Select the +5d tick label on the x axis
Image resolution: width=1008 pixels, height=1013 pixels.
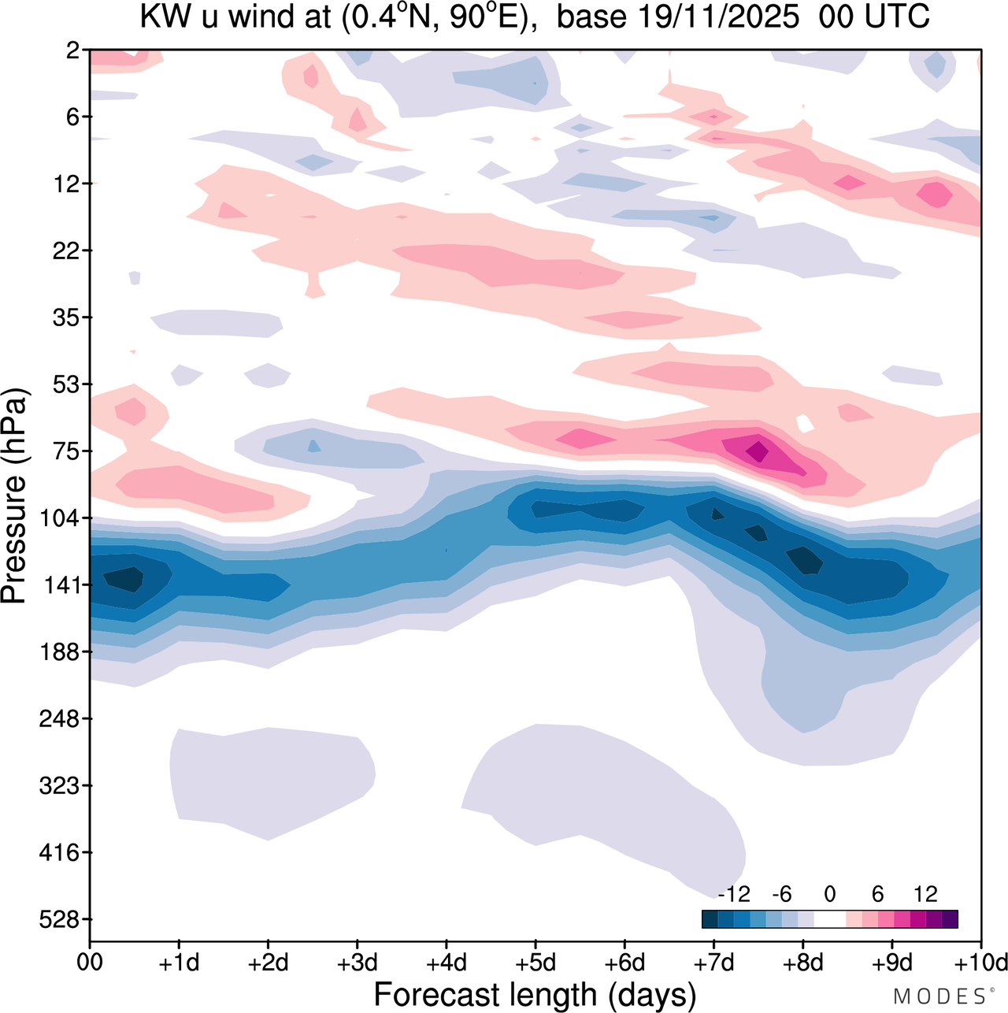[535, 963]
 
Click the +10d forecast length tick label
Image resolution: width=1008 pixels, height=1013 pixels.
[981, 963]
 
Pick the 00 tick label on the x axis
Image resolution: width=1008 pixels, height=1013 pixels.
[90, 963]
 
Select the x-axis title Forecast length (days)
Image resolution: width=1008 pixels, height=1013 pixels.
[535, 994]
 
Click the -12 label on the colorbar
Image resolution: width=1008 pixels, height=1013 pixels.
[734, 895]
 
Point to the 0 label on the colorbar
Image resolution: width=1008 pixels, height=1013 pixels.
[830, 895]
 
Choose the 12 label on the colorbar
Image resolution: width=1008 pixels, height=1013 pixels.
[925, 895]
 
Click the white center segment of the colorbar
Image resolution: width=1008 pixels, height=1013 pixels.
[830, 919]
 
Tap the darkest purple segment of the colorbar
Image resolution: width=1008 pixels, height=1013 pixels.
[950, 919]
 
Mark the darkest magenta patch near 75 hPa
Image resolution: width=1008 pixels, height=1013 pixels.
[758, 451]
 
